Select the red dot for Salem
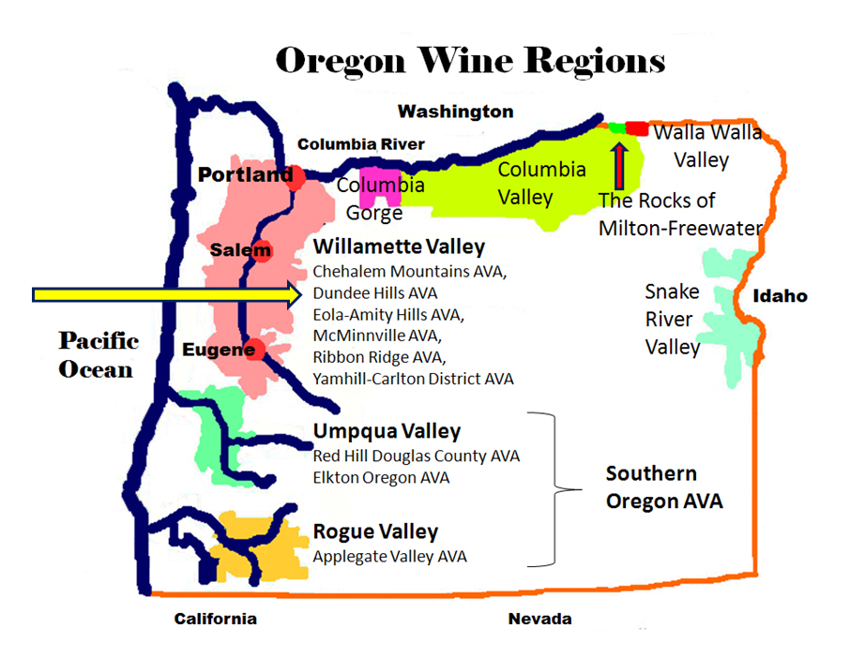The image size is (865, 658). tap(262, 250)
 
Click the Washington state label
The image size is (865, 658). tap(455, 112)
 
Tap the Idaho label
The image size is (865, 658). tap(780, 296)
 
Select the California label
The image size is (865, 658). tap(215, 619)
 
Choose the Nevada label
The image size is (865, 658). tap(539, 619)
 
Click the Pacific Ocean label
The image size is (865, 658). tap(98, 354)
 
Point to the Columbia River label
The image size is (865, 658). tap(360, 144)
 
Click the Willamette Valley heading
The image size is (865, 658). tap(399, 247)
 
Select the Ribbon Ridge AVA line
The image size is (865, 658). tap(379, 357)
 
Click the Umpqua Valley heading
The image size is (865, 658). tap(387, 432)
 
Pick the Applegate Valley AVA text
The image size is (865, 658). tap(389, 556)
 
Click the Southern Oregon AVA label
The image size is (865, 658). tap(663, 487)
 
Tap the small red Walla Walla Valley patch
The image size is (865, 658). tap(637, 127)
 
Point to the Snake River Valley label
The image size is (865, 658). tap(673, 320)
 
